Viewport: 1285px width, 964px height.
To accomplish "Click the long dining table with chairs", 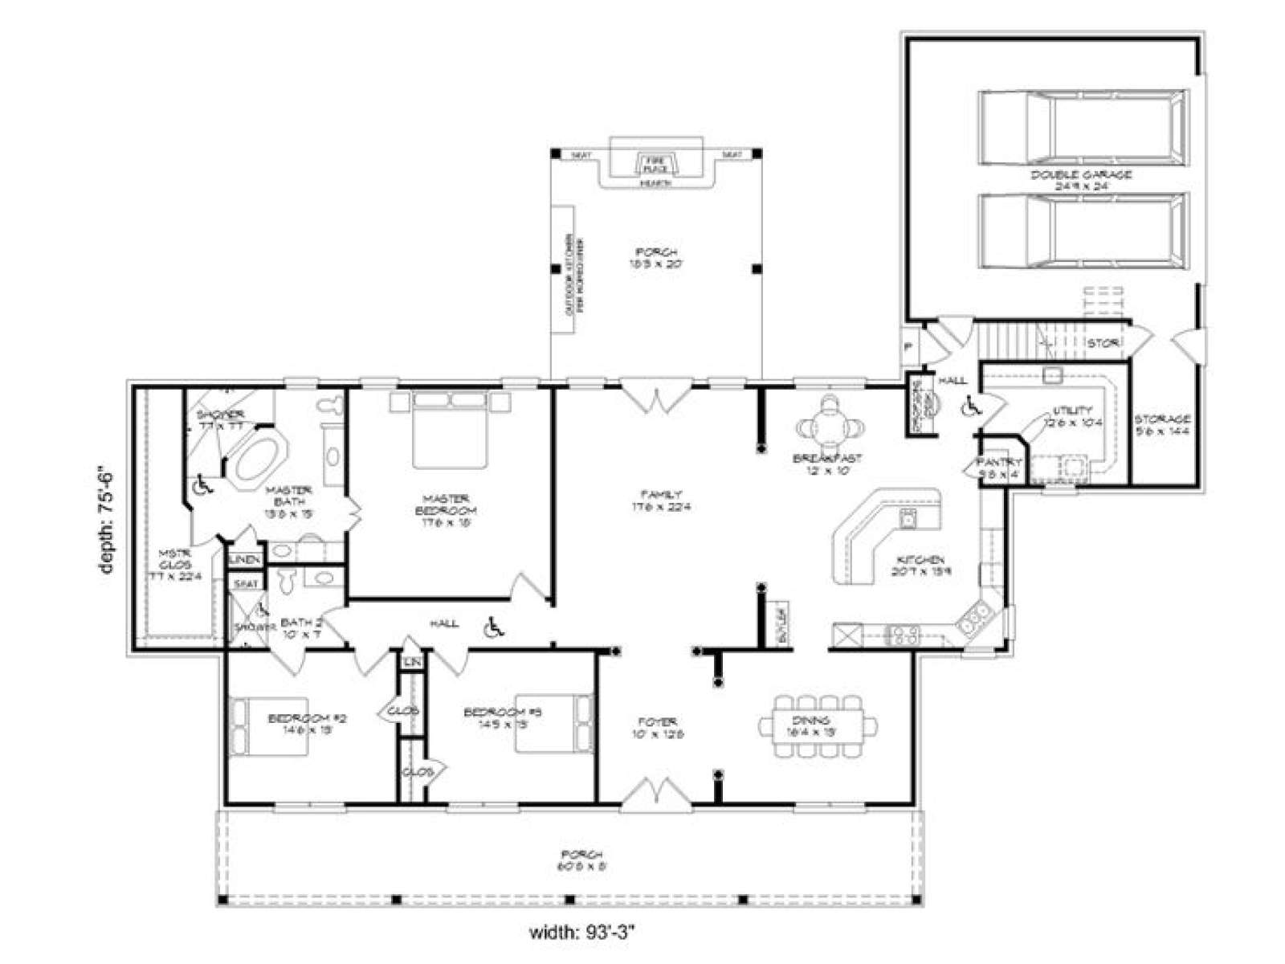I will tap(818, 726).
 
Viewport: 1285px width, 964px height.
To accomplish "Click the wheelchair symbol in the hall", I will tap(493, 627).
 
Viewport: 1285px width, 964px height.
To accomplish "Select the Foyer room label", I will tap(658, 727).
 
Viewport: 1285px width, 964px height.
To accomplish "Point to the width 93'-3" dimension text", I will tap(584, 932).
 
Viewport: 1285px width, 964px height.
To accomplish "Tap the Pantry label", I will tap(999, 468).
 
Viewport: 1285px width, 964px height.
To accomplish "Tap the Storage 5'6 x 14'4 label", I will tap(1161, 424).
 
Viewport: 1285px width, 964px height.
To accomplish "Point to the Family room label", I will tap(661, 500).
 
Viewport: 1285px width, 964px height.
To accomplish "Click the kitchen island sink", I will tap(908, 519).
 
